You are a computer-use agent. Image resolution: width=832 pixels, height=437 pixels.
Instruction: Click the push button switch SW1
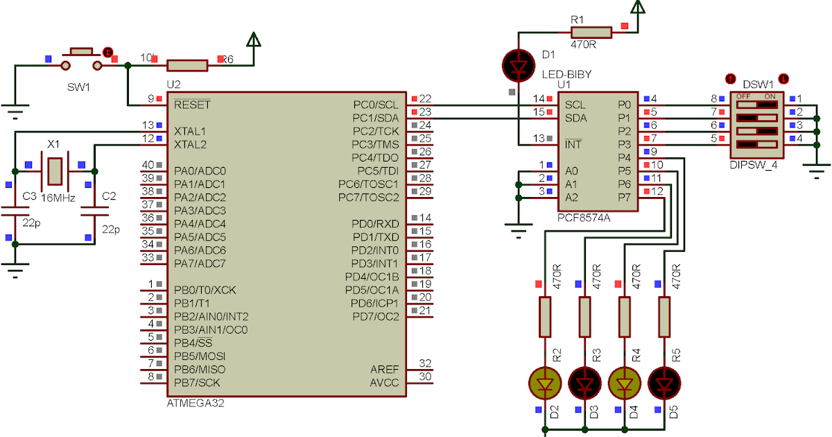[x=82, y=59]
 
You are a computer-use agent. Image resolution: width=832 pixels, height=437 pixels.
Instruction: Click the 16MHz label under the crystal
[x=55, y=198]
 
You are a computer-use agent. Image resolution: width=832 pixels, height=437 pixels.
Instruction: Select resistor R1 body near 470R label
[x=591, y=32]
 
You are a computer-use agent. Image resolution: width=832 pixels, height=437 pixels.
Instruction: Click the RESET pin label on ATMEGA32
[x=192, y=105]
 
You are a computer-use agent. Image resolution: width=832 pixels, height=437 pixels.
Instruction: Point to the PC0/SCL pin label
[x=375, y=105]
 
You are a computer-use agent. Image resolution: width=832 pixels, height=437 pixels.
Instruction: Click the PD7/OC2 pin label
[x=375, y=317]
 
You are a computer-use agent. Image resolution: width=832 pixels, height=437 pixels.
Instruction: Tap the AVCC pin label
[x=384, y=383]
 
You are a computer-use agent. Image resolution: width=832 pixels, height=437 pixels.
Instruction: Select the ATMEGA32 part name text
[x=196, y=403]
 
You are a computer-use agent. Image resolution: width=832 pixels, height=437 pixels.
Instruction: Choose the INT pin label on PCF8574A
[x=573, y=144]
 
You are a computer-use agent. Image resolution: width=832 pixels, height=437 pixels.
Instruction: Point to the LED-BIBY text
[x=566, y=74]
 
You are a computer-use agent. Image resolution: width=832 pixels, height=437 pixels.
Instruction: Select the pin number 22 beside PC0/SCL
[x=426, y=99]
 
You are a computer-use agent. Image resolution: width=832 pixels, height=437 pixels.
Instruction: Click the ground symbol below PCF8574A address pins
[x=519, y=229]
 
